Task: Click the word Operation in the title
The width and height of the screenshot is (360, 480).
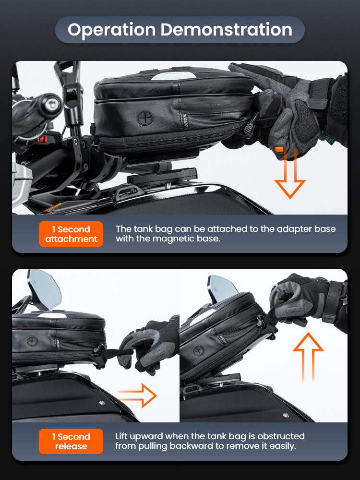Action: point(112,30)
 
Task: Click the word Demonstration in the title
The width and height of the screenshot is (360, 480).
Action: point(227,29)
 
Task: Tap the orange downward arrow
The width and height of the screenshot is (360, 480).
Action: point(290,174)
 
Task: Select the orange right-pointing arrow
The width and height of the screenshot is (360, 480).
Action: point(137,396)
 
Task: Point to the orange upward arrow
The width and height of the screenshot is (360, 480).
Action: point(308,357)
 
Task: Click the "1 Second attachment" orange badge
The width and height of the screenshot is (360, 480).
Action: point(71,234)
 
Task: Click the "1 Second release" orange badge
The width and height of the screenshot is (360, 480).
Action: point(71,441)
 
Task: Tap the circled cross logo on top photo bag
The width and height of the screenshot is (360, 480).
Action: point(145,118)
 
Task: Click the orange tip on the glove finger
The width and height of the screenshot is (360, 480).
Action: point(279,150)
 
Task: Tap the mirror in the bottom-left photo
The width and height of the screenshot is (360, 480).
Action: point(45,288)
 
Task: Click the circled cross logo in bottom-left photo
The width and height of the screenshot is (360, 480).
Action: point(32,341)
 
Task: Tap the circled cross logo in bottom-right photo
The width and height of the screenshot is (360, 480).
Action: point(198,350)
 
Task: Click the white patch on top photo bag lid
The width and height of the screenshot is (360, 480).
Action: point(174,76)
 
